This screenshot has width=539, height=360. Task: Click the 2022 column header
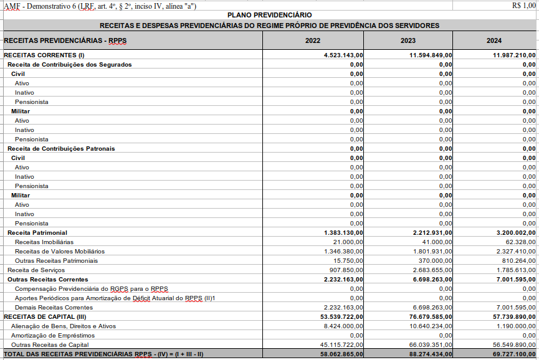[313, 41]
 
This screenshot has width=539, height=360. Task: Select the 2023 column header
[408, 41]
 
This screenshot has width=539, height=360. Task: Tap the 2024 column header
[494, 41]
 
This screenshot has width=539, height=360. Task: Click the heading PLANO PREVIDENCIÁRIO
[269, 15]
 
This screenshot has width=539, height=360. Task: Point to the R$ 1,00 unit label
[523, 6]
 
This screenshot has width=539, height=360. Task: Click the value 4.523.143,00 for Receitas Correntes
[343, 55]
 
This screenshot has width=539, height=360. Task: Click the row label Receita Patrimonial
[37, 233]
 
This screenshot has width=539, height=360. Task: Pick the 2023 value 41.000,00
[437, 242]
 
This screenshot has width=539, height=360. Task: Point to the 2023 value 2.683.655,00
[432, 270]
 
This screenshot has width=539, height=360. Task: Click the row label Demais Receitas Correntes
[54, 308]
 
